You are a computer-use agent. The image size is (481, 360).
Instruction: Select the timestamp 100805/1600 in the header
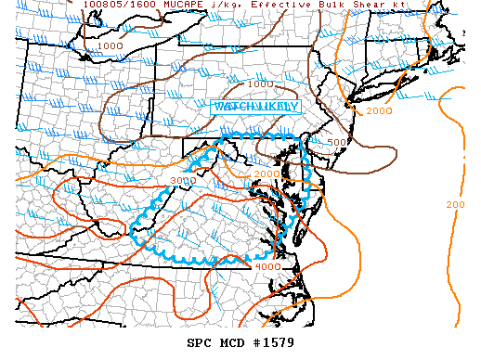tap(118, 5)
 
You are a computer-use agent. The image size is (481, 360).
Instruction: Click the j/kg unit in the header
tap(220, 5)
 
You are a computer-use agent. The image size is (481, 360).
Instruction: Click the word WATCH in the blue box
tap(234, 107)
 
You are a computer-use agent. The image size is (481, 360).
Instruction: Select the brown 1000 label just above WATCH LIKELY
tap(260, 84)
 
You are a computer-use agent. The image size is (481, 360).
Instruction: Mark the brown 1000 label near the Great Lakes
tap(110, 45)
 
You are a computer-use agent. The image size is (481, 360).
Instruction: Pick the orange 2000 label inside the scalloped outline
tap(266, 174)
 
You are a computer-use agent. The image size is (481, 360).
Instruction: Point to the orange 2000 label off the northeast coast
tap(380, 111)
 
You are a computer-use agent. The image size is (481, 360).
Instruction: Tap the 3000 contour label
tap(184, 180)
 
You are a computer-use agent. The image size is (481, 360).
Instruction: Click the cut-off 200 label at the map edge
tap(455, 204)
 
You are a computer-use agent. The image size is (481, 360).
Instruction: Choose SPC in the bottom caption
tap(200, 343)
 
